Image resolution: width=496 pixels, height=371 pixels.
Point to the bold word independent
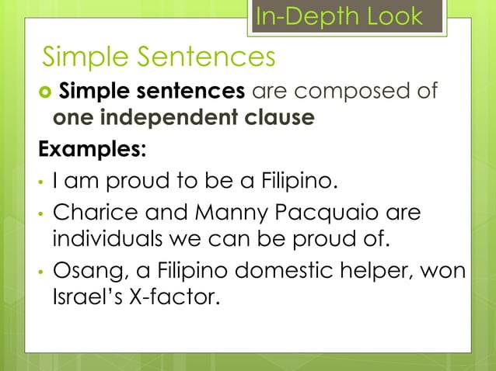174,117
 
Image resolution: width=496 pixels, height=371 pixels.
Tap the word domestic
289,272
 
